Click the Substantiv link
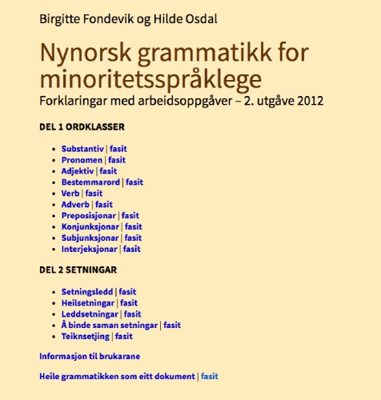click(x=82, y=149)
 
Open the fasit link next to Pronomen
click(x=117, y=160)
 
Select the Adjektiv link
click(x=78, y=171)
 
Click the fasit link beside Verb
click(x=94, y=194)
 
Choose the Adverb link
click(x=76, y=205)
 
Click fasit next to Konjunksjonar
click(x=132, y=227)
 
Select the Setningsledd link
click(x=87, y=292)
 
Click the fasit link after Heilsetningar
click(x=129, y=303)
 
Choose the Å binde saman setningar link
click(x=110, y=326)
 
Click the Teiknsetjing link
click(x=86, y=337)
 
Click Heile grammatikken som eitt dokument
click(x=117, y=376)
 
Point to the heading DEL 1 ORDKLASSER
click(x=82, y=127)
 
